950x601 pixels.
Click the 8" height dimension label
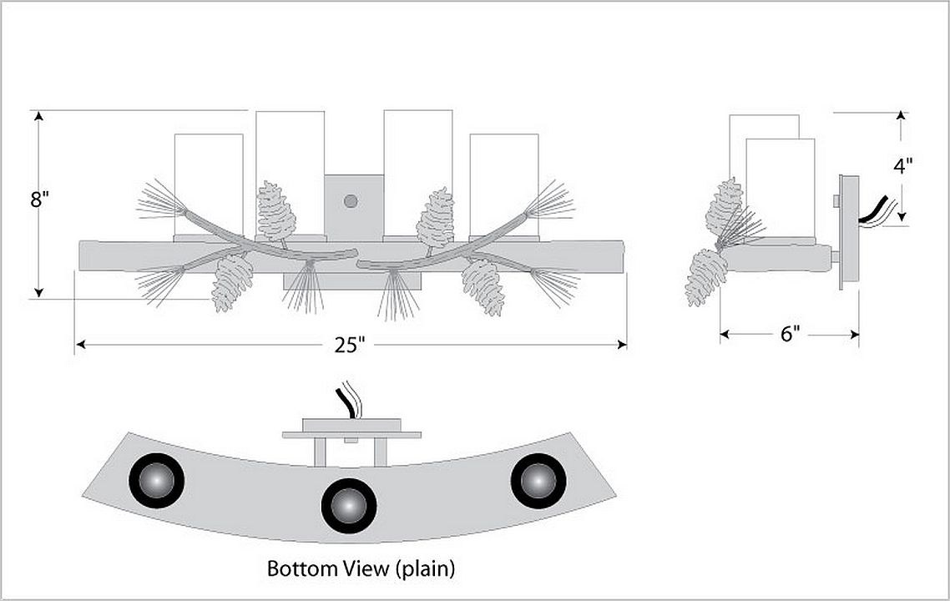pyautogui.click(x=40, y=201)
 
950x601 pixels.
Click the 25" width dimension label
pyautogui.click(x=351, y=345)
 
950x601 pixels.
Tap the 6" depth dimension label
pyautogui.click(x=790, y=334)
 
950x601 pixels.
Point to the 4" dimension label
pyautogui.click(x=902, y=165)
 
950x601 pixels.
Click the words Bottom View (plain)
pyautogui.click(x=361, y=569)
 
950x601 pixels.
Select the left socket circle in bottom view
pyautogui.click(x=156, y=480)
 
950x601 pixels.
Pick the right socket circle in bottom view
pyautogui.click(x=538, y=481)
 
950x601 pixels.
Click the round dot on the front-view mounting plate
pyautogui.click(x=351, y=201)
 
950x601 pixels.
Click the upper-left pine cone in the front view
pyautogui.click(x=276, y=210)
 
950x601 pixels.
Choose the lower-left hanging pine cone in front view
pyautogui.click(x=232, y=282)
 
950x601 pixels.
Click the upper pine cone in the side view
pyautogui.click(x=724, y=206)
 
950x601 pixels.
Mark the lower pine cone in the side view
pyautogui.click(x=706, y=276)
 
